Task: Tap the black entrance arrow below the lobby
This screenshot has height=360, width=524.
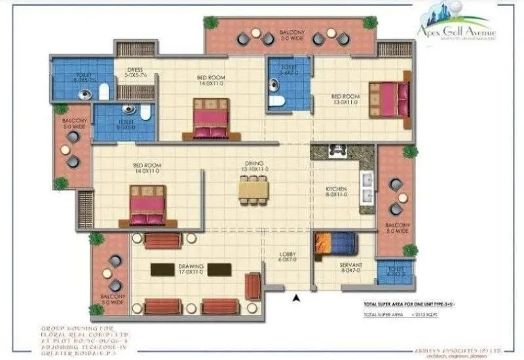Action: [x=296, y=298]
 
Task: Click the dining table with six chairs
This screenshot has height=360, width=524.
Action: [x=253, y=190]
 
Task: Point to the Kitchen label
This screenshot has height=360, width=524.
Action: [x=336, y=191]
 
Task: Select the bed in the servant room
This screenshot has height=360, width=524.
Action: [x=335, y=243]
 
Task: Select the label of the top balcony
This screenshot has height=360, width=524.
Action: [x=290, y=35]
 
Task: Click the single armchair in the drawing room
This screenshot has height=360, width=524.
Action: [x=252, y=286]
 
